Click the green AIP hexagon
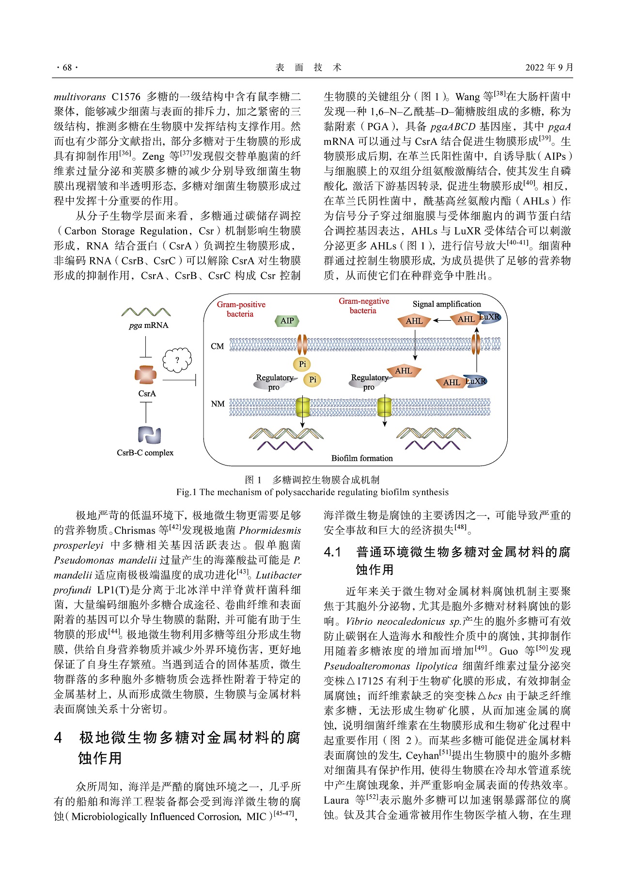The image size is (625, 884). (x=287, y=321)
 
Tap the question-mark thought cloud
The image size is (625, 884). (x=177, y=360)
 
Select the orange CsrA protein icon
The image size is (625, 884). (x=145, y=375)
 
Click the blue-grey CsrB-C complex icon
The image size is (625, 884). (x=149, y=434)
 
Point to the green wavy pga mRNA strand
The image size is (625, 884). (x=146, y=312)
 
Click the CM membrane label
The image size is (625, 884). (x=217, y=346)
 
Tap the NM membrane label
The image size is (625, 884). (x=218, y=403)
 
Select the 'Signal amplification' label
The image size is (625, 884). (x=447, y=304)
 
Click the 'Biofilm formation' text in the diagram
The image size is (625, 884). (x=362, y=458)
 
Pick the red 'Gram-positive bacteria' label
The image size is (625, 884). (x=241, y=309)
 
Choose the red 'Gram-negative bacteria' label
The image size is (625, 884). (x=363, y=306)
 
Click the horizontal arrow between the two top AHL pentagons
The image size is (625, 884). (x=441, y=320)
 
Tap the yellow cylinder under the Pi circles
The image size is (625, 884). (x=303, y=407)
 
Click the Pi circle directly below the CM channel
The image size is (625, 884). (x=302, y=364)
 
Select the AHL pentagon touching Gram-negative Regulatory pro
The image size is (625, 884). (x=403, y=371)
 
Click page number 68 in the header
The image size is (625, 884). (x=67, y=68)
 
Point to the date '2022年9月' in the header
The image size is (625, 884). (x=549, y=67)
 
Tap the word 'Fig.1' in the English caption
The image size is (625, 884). (x=186, y=492)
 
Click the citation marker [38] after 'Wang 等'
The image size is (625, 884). (x=499, y=94)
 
